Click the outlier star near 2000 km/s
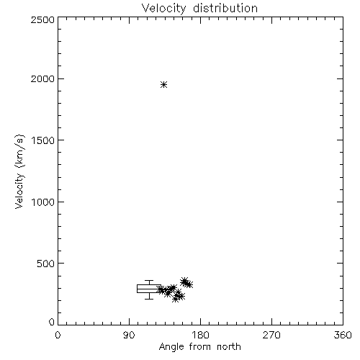click(163, 84)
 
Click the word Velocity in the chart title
click(164, 8)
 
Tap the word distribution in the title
click(225, 8)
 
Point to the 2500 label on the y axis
click(42, 19)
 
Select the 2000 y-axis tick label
click(42, 78)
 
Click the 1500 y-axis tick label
click(43, 140)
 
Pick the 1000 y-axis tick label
click(43, 202)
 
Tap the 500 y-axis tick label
click(45, 264)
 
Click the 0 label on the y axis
click(52, 322)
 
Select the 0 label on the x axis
click(58, 335)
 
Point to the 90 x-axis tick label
click(129, 335)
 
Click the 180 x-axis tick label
click(200, 335)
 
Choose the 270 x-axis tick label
click(271, 335)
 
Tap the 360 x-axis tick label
click(343, 335)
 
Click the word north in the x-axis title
click(229, 347)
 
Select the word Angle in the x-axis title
click(171, 347)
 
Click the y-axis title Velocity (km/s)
click(19, 171)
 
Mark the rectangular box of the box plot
click(149, 285)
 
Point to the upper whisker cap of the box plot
click(149, 280)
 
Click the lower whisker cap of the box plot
click(149, 299)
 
